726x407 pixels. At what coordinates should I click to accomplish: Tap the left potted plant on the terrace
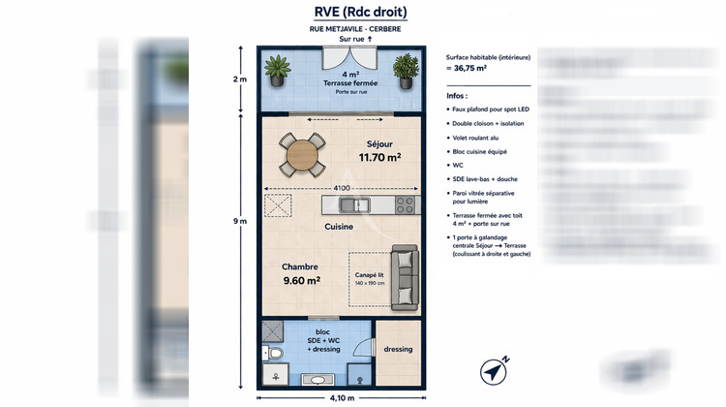279,71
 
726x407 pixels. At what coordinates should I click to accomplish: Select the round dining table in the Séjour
304,154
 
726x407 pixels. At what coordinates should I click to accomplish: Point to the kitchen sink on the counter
354,204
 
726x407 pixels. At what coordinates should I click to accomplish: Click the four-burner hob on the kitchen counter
404,204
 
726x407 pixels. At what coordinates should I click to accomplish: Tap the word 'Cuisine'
338,227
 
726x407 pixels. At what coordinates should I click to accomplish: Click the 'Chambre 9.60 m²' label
300,273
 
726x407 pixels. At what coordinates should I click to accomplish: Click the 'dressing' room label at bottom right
398,349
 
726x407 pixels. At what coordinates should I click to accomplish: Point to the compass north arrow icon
494,371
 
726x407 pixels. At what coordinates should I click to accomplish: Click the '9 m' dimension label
241,221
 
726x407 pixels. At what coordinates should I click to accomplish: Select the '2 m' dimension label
241,79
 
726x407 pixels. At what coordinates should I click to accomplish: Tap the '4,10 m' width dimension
343,398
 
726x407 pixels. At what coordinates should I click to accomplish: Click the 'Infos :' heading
457,97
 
